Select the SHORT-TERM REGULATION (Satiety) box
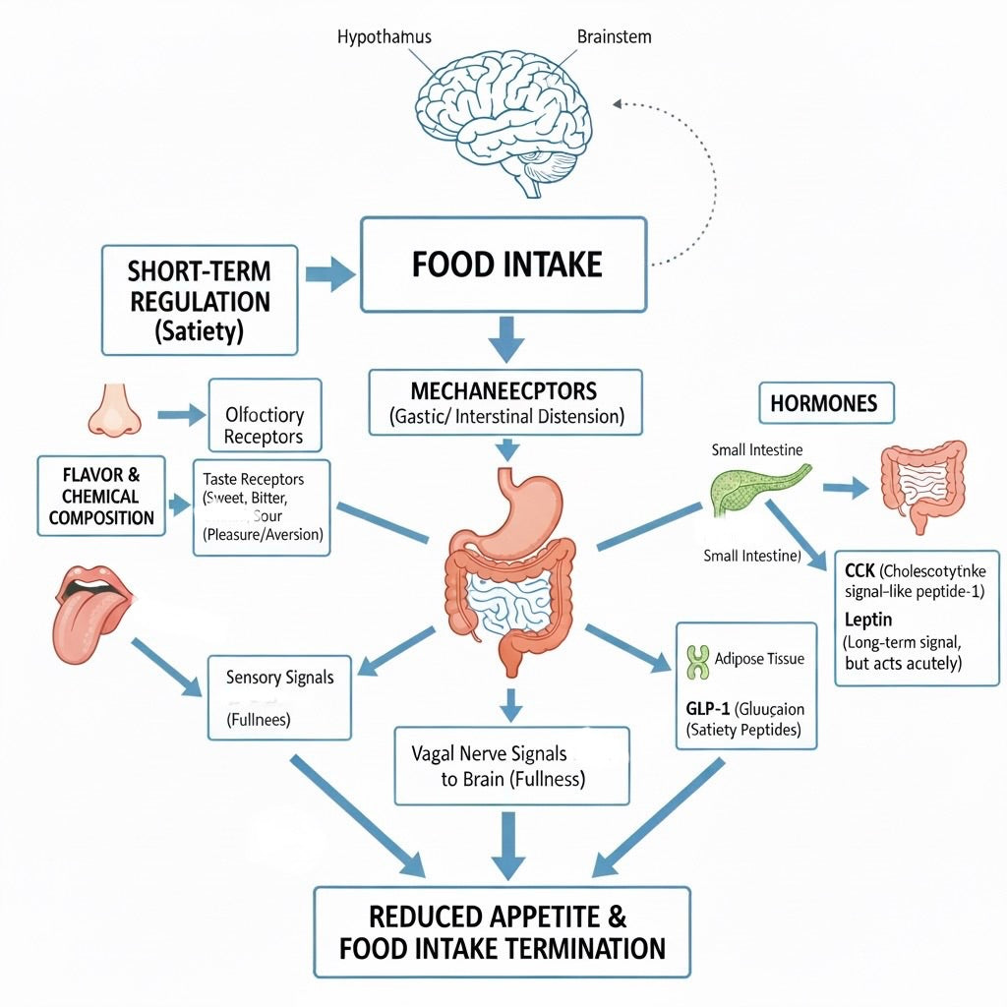[x=199, y=300]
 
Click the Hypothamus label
[x=384, y=37]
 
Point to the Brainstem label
[x=614, y=37]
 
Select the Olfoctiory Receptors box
[x=265, y=426]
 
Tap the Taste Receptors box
[x=262, y=506]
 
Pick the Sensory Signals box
[x=279, y=697]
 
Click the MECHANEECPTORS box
[x=505, y=400]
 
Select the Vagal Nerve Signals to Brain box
[x=511, y=766]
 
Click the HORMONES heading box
[x=825, y=403]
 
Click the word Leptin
[x=868, y=620]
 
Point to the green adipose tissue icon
[x=697, y=663]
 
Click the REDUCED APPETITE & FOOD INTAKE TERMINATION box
[x=502, y=932]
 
